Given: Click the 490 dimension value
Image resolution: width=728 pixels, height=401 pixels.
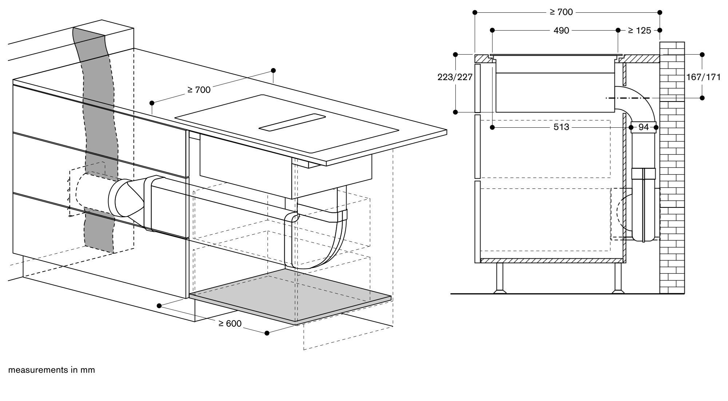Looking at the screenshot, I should point(561,31).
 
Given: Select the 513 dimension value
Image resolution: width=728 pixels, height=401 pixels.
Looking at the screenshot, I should point(561,127).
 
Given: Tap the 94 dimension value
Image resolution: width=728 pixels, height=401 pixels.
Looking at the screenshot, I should point(644,127).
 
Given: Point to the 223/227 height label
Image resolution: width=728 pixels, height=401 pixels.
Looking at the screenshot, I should point(455,77).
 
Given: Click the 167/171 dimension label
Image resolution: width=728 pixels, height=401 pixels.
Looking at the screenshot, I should point(703,77).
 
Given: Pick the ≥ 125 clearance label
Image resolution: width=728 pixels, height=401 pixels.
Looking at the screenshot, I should point(639,31).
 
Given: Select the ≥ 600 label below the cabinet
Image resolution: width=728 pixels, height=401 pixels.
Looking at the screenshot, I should point(230,323).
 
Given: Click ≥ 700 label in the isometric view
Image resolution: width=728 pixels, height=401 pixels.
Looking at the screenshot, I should point(199,90).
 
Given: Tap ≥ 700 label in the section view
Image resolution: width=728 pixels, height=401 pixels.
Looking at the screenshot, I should point(561,12).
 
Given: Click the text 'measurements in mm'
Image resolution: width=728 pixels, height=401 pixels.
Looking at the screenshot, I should point(51,370).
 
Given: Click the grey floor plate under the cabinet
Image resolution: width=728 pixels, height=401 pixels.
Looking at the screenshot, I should point(288,295).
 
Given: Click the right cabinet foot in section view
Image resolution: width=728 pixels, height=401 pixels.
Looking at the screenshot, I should point(618,278).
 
